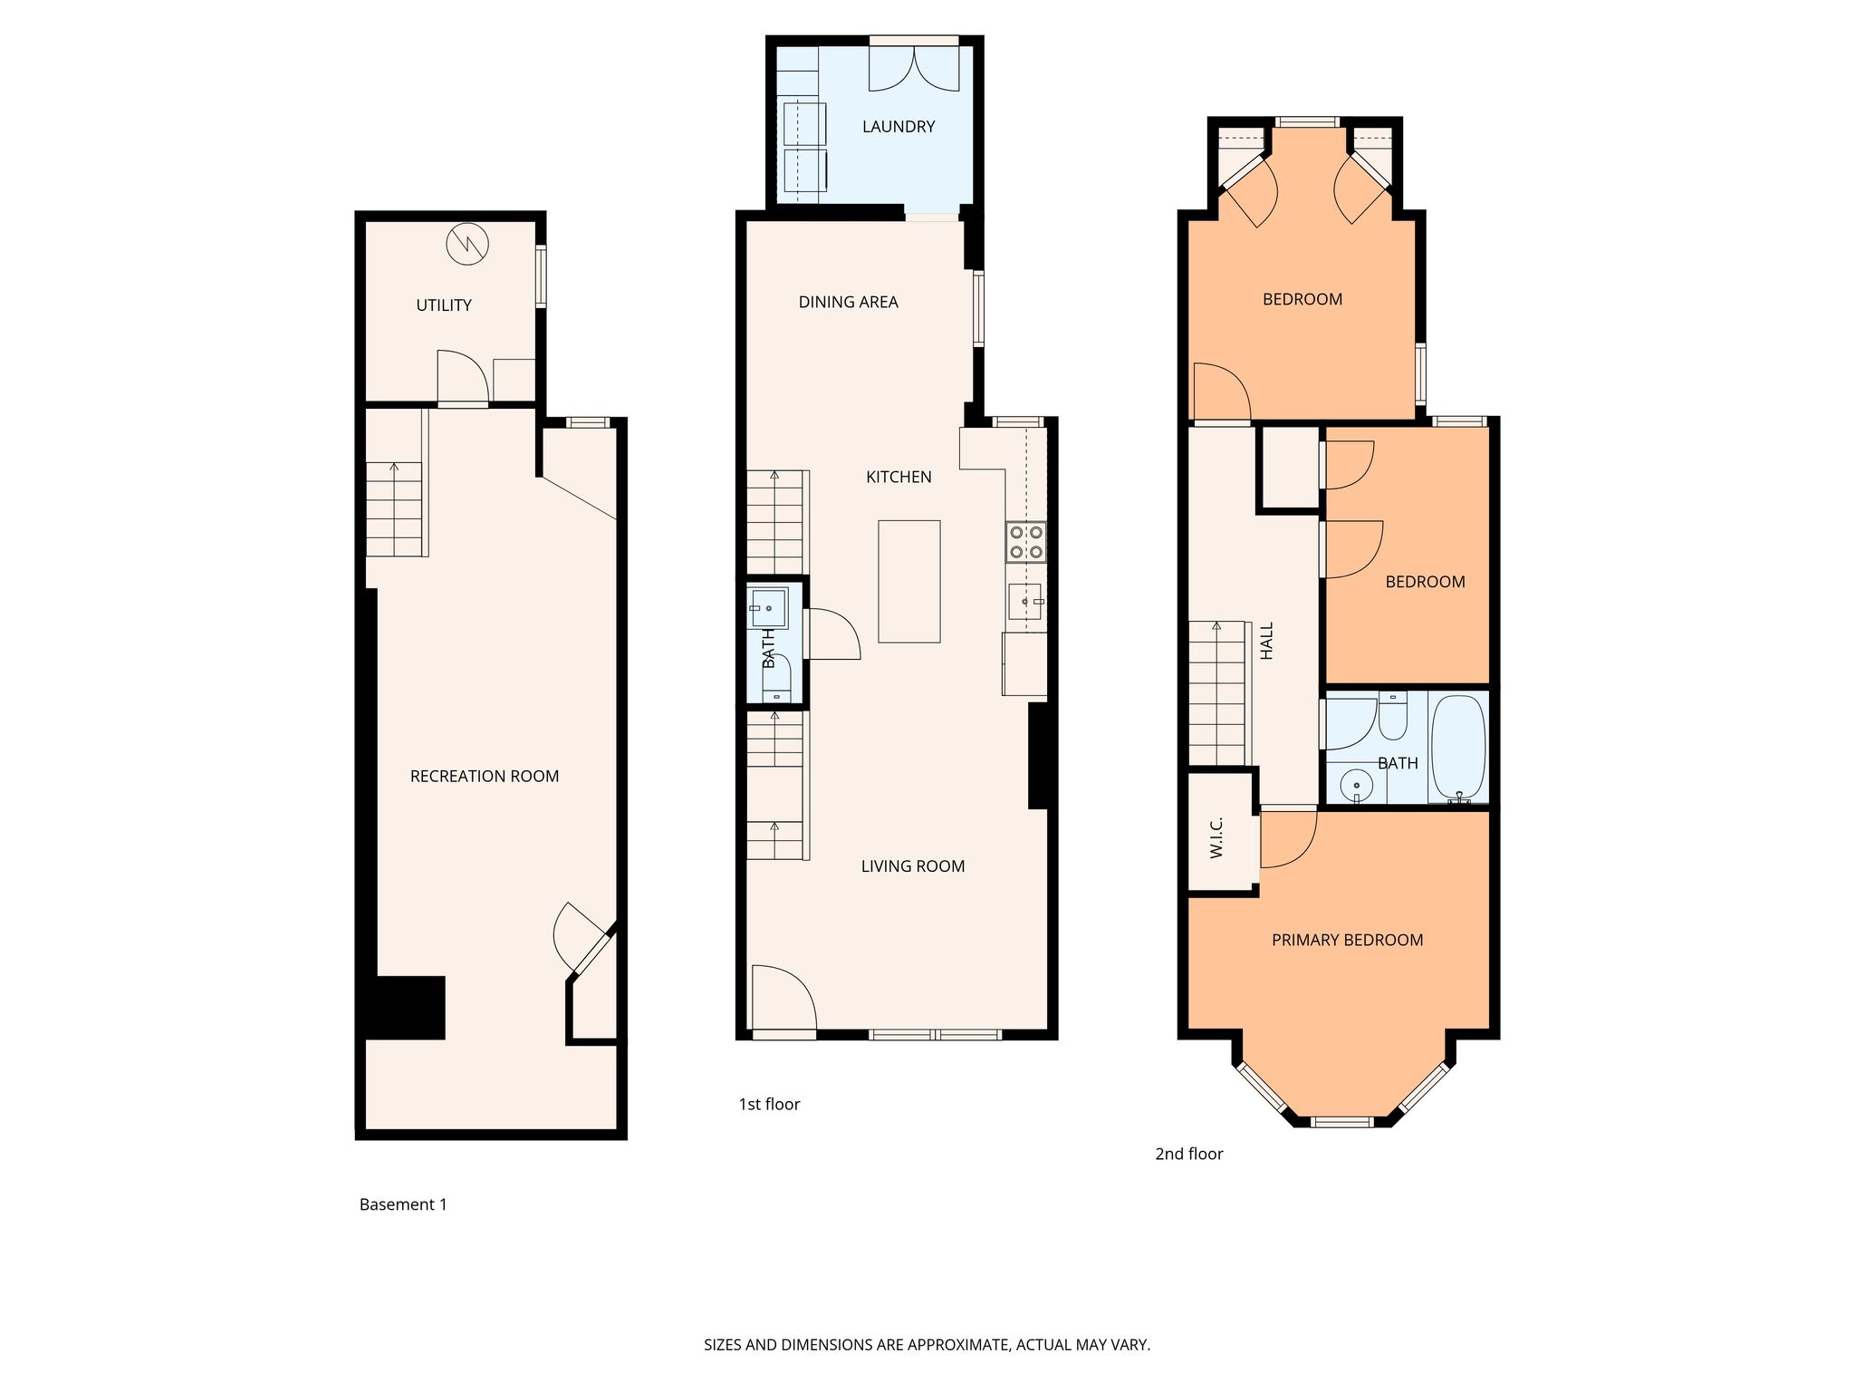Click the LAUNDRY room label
point(899,127)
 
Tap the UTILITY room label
point(444,305)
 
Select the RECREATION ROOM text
point(485,776)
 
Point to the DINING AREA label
point(849,302)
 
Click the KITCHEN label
point(899,477)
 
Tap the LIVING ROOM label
point(913,866)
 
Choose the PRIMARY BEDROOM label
point(1348,940)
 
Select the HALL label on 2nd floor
point(1267,640)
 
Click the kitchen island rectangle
point(909,582)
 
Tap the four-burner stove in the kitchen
point(1026,542)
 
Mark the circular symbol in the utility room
point(467,244)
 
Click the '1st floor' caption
point(770,1104)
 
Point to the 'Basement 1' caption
point(403,1204)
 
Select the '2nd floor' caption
point(1189,1154)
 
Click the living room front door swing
point(784,998)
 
